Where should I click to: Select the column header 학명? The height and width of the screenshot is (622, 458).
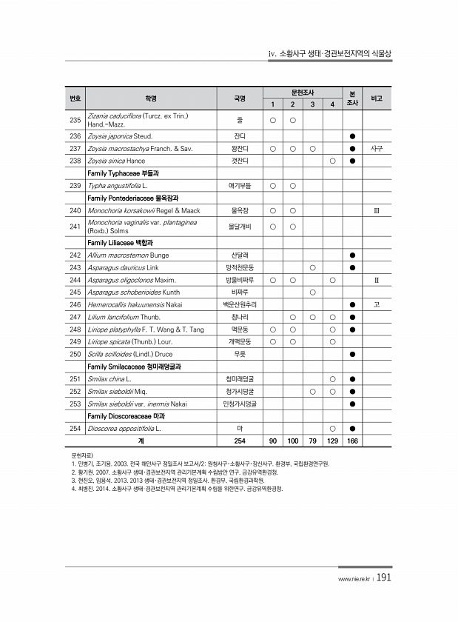pyautogui.click(x=150, y=98)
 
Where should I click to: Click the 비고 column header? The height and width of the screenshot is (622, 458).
pyautogui.click(x=377, y=98)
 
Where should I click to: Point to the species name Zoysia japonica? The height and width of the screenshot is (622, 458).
pyautogui.click(x=120, y=136)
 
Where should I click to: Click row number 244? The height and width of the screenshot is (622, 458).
pyautogui.click(x=75, y=281)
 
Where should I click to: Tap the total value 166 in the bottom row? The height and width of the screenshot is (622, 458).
pyautogui.click(x=352, y=441)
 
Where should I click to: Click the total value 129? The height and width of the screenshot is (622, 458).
pyautogui.click(x=333, y=441)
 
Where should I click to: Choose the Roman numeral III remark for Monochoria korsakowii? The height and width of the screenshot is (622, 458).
pyautogui.click(x=377, y=211)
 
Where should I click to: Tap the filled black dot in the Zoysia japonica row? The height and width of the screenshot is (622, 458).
pyautogui.click(x=352, y=136)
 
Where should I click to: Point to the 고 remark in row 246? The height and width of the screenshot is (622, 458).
pyautogui.click(x=377, y=304)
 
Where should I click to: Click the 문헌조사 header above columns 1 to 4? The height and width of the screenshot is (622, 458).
pyautogui.click(x=303, y=92)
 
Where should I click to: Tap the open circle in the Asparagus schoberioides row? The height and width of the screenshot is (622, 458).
pyautogui.click(x=313, y=292)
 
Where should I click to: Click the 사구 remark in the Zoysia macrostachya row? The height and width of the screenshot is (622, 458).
pyautogui.click(x=377, y=148)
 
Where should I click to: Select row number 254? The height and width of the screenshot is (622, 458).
pyautogui.click(x=75, y=429)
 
